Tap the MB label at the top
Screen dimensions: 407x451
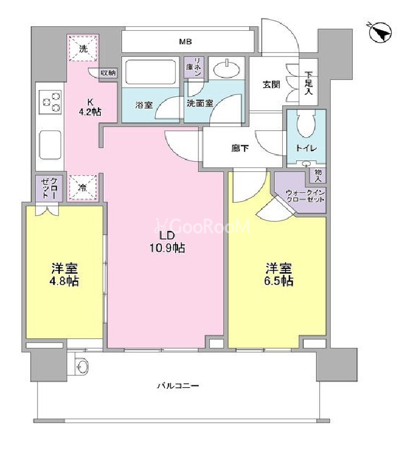(185, 42)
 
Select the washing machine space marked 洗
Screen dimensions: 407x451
(83, 48)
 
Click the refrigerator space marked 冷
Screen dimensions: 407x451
(83, 188)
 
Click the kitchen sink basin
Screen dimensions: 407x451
(50, 145)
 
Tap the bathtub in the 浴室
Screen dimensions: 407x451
(150, 72)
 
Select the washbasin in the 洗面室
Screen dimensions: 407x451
(227, 69)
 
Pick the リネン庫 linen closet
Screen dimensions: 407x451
(194, 67)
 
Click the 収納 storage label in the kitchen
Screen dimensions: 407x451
(108, 73)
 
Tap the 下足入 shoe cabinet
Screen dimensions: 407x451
(308, 82)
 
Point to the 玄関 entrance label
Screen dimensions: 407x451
(271, 84)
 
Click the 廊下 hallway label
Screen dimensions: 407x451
(240, 149)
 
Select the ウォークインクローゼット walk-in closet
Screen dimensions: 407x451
(301, 192)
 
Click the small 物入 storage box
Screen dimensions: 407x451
(318, 175)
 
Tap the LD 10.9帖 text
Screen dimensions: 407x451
(167, 242)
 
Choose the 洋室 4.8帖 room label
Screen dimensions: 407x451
(65, 274)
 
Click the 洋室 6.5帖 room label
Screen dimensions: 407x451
(279, 274)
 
